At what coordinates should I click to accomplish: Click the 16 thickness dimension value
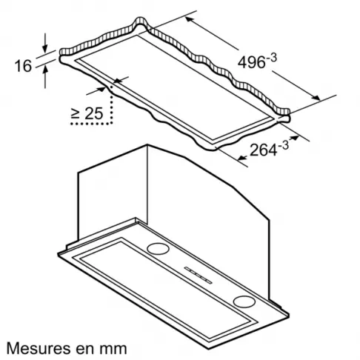(x=23, y=65)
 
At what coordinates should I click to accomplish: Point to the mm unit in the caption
(x=114, y=347)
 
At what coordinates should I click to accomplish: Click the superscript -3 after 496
(x=267, y=53)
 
